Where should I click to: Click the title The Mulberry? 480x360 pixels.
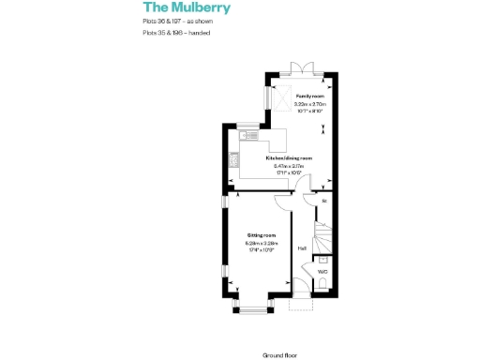pos(186,8)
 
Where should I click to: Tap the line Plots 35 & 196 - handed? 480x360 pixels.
pos(176,33)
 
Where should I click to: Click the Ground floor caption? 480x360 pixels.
pos(280,355)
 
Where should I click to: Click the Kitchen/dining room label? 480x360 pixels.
pos(288,159)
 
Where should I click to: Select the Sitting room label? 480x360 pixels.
pos(261,234)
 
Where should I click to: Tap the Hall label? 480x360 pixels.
pos(302,248)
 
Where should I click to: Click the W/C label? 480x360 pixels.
pos(322,272)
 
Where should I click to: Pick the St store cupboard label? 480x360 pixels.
pos(324,202)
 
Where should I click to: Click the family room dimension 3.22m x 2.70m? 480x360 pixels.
pos(309,104)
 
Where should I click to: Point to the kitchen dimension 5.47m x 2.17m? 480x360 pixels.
pos(287,166)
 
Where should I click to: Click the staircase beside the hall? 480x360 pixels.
pos(324,233)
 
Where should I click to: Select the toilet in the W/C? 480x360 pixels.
pos(322,287)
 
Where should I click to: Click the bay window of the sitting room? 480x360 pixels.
pos(250,307)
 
